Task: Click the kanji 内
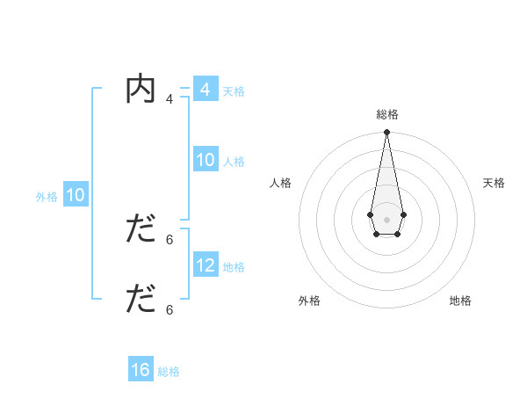pyautogui.click(x=141, y=91)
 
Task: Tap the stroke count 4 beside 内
pyautogui.click(x=170, y=99)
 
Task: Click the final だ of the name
pyautogui.click(x=141, y=300)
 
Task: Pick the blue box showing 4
pyautogui.click(x=205, y=90)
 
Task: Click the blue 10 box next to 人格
pyautogui.click(x=205, y=160)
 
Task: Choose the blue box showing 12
pyautogui.click(x=205, y=265)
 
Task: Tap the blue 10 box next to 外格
pyautogui.click(x=75, y=196)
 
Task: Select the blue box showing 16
pyautogui.click(x=141, y=370)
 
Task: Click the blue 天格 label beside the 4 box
pyautogui.click(x=234, y=91)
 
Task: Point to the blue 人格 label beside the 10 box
pyautogui.click(x=234, y=162)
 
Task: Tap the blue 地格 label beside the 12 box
pyautogui.click(x=234, y=267)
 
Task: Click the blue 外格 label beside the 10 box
pyautogui.click(x=47, y=198)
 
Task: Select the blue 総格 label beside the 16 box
pyautogui.click(x=169, y=372)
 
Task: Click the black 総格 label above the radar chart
pyautogui.click(x=387, y=114)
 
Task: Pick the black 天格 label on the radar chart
pyautogui.click(x=494, y=183)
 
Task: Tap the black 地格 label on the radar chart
pyautogui.click(x=460, y=301)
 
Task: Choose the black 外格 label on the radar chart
pyautogui.click(x=309, y=301)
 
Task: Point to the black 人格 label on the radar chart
pyautogui.click(x=281, y=183)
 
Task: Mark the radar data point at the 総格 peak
pyautogui.click(x=386, y=133)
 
